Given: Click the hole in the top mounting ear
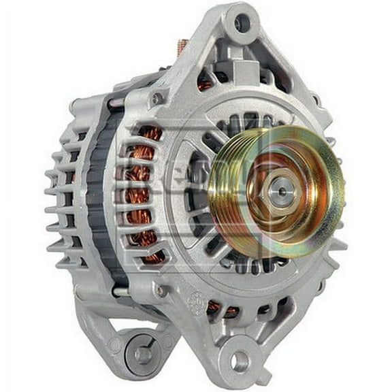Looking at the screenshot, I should (x=242, y=23).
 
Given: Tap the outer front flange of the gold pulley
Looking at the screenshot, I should (x=327, y=170).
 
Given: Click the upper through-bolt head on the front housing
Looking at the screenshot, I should (x=158, y=99).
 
